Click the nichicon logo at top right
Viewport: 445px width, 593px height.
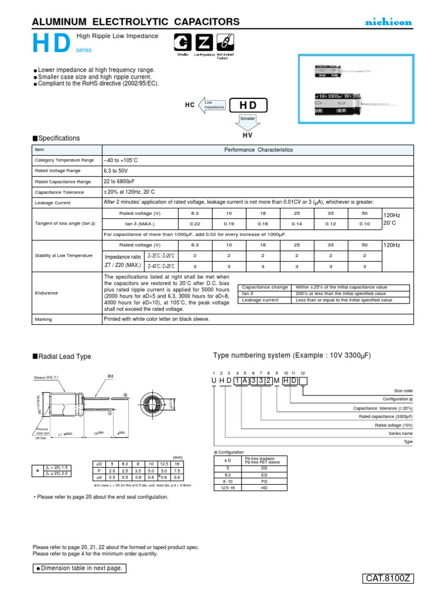coord(388,22)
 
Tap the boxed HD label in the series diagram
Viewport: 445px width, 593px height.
coord(248,105)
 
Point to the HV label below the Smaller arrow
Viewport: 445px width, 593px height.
coord(247,134)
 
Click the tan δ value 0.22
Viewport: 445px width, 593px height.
coord(195,224)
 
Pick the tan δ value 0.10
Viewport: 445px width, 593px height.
coord(364,224)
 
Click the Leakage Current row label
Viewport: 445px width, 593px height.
coord(53,203)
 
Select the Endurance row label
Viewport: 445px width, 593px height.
coord(46,293)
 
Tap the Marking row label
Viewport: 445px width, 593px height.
coord(43,319)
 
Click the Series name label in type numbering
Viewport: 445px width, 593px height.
coord(400,433)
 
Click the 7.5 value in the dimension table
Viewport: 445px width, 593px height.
coord(176,471)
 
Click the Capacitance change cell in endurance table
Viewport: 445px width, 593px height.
coord(265,287)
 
